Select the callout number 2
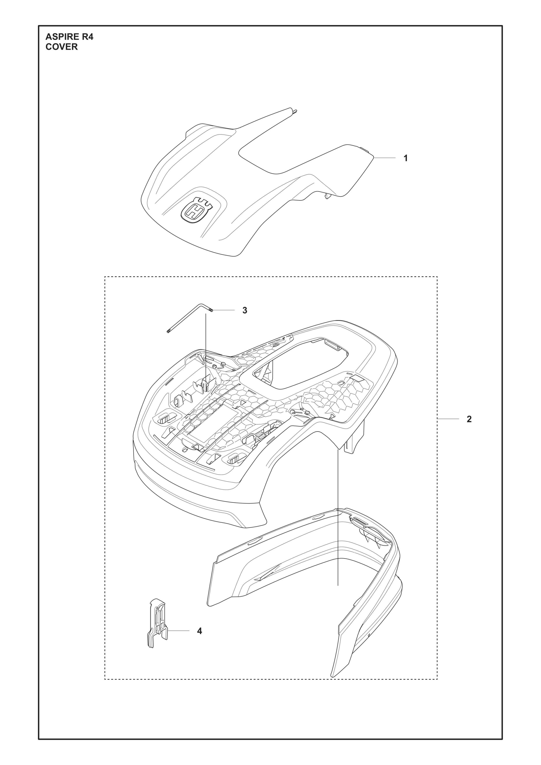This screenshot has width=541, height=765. coord(469,419)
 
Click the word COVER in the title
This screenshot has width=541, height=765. coord(62,47)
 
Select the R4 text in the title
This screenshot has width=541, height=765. coord(88,37)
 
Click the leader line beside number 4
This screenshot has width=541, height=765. coord(179,631)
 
